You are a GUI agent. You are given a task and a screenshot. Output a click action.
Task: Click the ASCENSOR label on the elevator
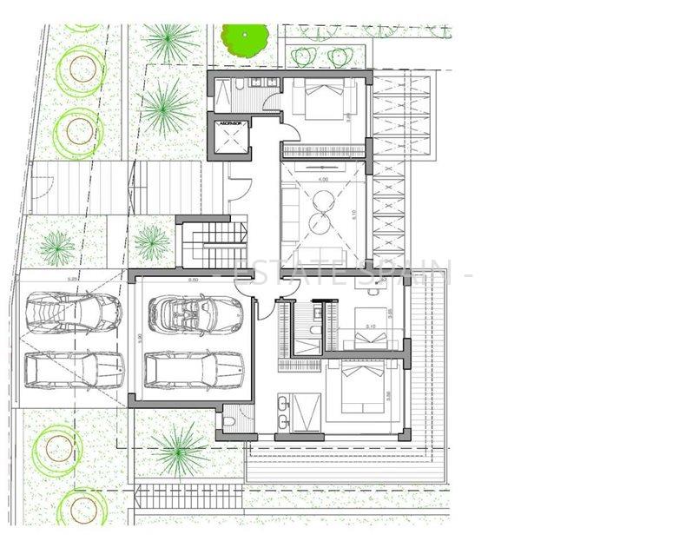(229, 122)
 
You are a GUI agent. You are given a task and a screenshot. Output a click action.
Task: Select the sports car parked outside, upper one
(74, 313)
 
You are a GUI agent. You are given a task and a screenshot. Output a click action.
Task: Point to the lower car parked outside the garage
(74, 369)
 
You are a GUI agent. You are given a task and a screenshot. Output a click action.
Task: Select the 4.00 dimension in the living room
(323, 179)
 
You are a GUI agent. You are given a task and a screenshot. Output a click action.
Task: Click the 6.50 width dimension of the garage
(193, 280)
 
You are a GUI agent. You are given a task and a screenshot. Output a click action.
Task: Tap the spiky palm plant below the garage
(180, 448)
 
